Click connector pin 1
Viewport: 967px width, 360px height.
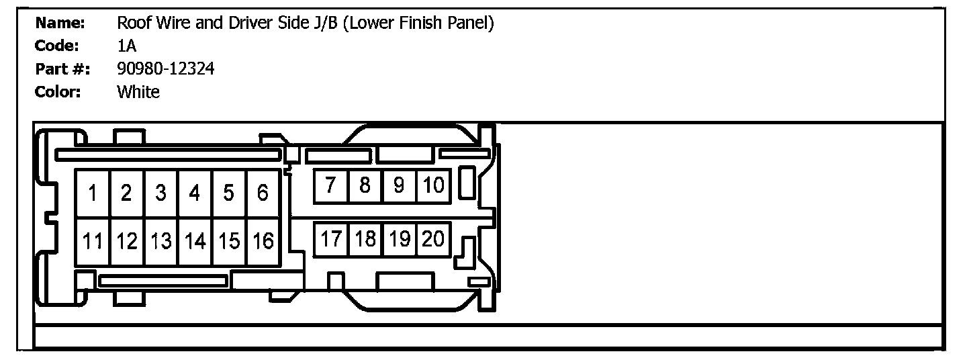(93, 193)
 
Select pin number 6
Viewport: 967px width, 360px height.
(263, 193)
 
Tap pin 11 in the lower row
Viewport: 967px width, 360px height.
(93, 241)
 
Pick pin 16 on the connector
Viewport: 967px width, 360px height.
(263, 241)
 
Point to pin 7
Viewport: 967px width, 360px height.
(331, 186)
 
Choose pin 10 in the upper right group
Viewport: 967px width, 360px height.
(434, 186)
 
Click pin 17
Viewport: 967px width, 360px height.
(331, 239)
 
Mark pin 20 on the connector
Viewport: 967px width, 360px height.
(434, 239)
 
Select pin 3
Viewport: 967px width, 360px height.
(160, 193)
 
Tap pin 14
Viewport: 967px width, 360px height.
(195, 241)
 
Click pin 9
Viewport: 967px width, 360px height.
(399, 186)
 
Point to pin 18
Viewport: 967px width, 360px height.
(365, 239)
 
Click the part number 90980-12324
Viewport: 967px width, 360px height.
(166, 69)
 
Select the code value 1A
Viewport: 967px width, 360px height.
(126, 46)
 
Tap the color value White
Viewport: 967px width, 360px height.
(138, 92)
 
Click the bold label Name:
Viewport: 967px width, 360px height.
(60, 24)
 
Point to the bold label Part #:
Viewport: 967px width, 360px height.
(62, 69)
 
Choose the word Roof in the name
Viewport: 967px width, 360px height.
(132, 24)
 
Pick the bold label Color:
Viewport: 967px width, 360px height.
(58, 92)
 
